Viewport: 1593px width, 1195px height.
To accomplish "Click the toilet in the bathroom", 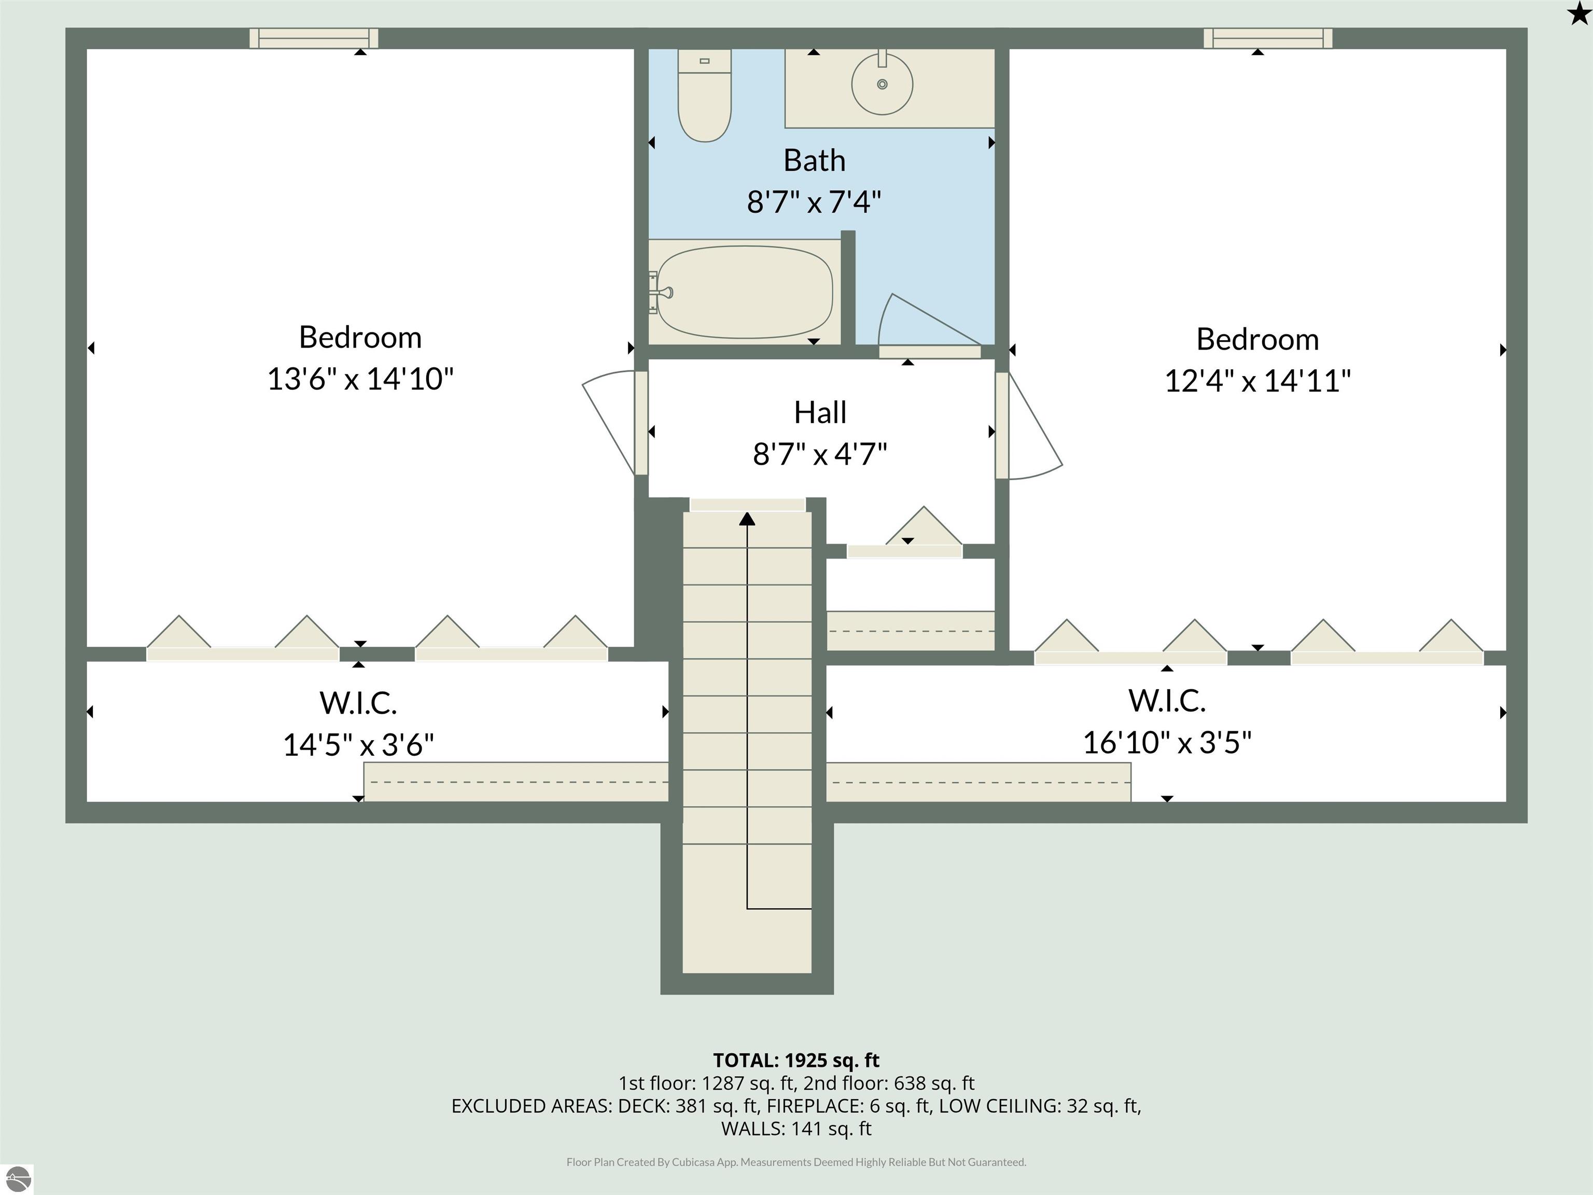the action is [x=704, y=94].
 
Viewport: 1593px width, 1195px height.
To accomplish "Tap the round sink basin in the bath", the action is [x=882, y=84].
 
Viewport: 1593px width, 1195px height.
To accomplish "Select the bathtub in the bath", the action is [x=745, y=291].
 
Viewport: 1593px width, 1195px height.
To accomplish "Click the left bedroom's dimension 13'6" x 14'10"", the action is [x=360, y=378].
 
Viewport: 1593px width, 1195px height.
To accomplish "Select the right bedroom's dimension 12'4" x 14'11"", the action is [x=1257, y=380].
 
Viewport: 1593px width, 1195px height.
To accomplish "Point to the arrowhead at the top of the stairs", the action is [x=748, y=519].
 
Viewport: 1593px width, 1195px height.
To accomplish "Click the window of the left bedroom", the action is [x=314, y=38].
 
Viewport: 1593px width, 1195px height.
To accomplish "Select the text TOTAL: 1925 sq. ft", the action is [x=796, y=1060].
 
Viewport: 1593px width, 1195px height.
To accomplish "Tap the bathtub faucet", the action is [x=663, y=293].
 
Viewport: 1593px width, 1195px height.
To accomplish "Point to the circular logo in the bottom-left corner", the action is [x=18, y=1179].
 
